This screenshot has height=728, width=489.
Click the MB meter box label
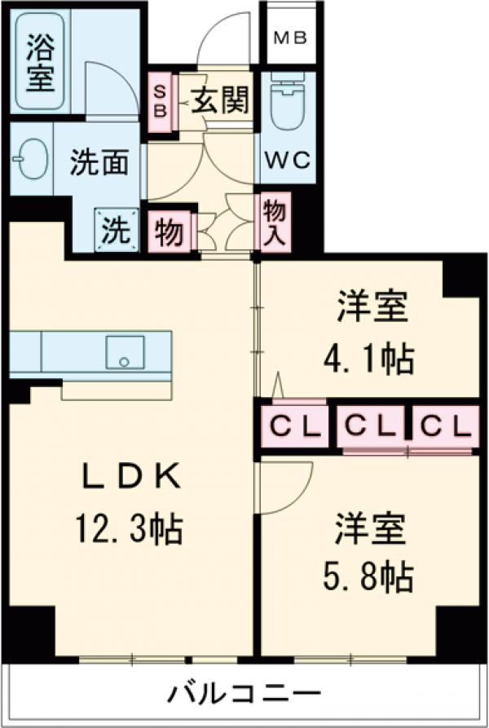[289, 38]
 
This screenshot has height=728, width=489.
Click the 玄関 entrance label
[221, 104]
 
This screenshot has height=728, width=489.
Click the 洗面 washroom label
[98, 163]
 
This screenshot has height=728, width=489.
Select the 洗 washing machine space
[114, 231]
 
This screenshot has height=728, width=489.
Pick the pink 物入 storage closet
[272, 220]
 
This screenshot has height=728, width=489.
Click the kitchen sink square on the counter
[125, 352]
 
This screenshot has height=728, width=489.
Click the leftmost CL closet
[294, 426]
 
